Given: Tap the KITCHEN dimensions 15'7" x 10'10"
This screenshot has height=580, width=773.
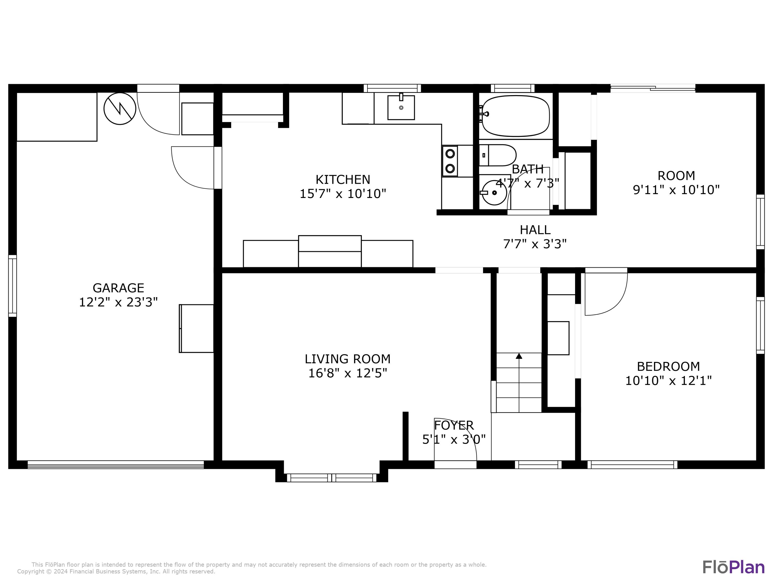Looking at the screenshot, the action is click(x=343, y=193).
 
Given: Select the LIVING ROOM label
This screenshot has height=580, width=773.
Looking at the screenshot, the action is click(x=347, y=359).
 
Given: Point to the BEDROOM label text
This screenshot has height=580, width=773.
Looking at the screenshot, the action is click(x=668, y=366).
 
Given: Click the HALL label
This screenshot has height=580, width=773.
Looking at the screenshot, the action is click(x=535, y=230).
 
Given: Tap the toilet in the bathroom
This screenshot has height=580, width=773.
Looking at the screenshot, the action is click(x=497, y=155).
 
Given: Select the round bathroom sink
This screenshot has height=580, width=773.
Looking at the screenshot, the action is click(x=494, y=193).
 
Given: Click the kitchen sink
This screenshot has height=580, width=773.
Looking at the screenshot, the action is click(x=401, y=107).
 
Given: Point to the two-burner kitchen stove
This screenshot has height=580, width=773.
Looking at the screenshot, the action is click(x=450, y=161).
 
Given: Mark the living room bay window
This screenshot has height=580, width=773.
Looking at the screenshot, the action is click(x=332, y=478).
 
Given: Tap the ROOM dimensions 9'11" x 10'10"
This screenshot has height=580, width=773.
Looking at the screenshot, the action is click(x=676, y=190).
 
